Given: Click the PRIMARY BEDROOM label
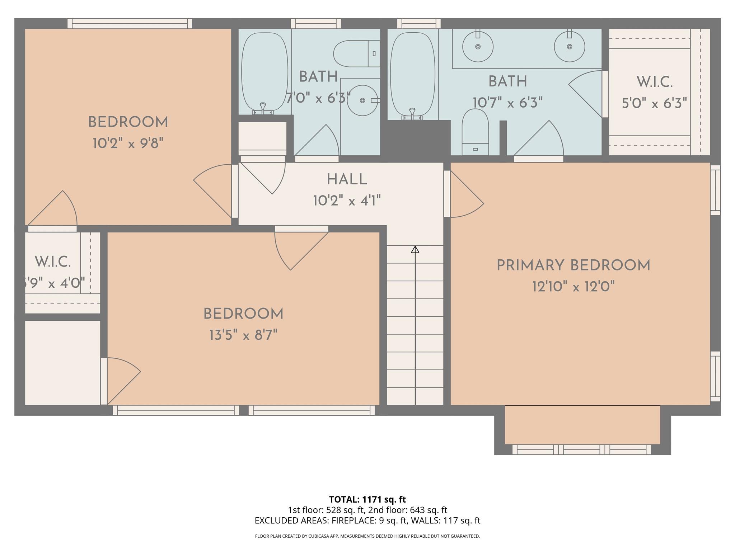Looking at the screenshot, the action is pyautogui.click(x=573, y=266).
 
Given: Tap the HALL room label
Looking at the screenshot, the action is pyautogui.click(x=347, y=180).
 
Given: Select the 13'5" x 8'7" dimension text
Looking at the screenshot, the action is pyautogui.click(x=244, y=336).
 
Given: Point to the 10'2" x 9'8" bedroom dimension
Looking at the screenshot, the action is pyautogui.click(x=128, y=144).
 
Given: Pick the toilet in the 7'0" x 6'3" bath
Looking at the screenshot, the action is pyautogui.click(x=356, y=53).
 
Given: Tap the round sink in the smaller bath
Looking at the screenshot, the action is pyautogui.click(x=362, y=100).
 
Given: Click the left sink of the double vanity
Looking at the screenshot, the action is pyautogui.click(x=478, y=46).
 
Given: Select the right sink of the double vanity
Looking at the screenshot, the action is pyautogui.click(x=570, y=46).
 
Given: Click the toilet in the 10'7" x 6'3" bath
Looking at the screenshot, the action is pyautogui.click(x=475, y=132).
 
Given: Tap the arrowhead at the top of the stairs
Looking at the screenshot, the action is pyautogui.click(x=415, y=249).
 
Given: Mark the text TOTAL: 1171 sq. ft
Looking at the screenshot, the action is pyautogui.click(x=367, y=499).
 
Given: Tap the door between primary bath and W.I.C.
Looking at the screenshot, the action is pyautogui.click(x=586, y=94).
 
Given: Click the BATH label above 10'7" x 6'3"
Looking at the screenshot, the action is pyautogui.click(x=508, y=81).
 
